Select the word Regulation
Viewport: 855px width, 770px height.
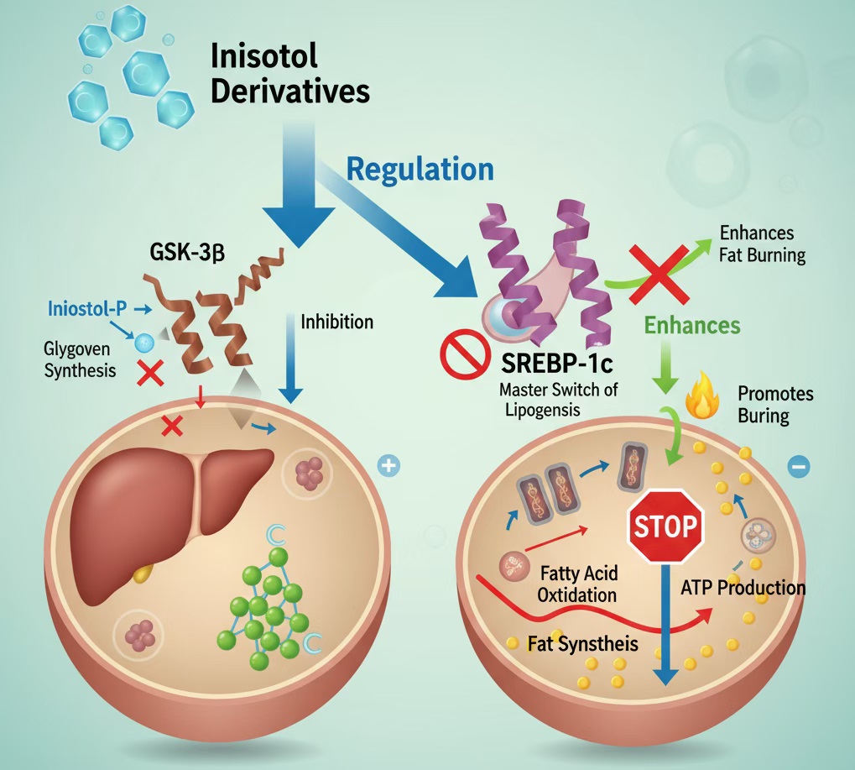(420, 169)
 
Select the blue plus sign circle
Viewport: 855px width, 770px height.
(388, 465)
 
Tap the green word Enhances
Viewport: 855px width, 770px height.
(693, 325)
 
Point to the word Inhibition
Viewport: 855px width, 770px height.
(336, 322)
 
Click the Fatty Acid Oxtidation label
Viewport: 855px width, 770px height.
(578, 584)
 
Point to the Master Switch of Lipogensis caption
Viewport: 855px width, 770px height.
(555, 400)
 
